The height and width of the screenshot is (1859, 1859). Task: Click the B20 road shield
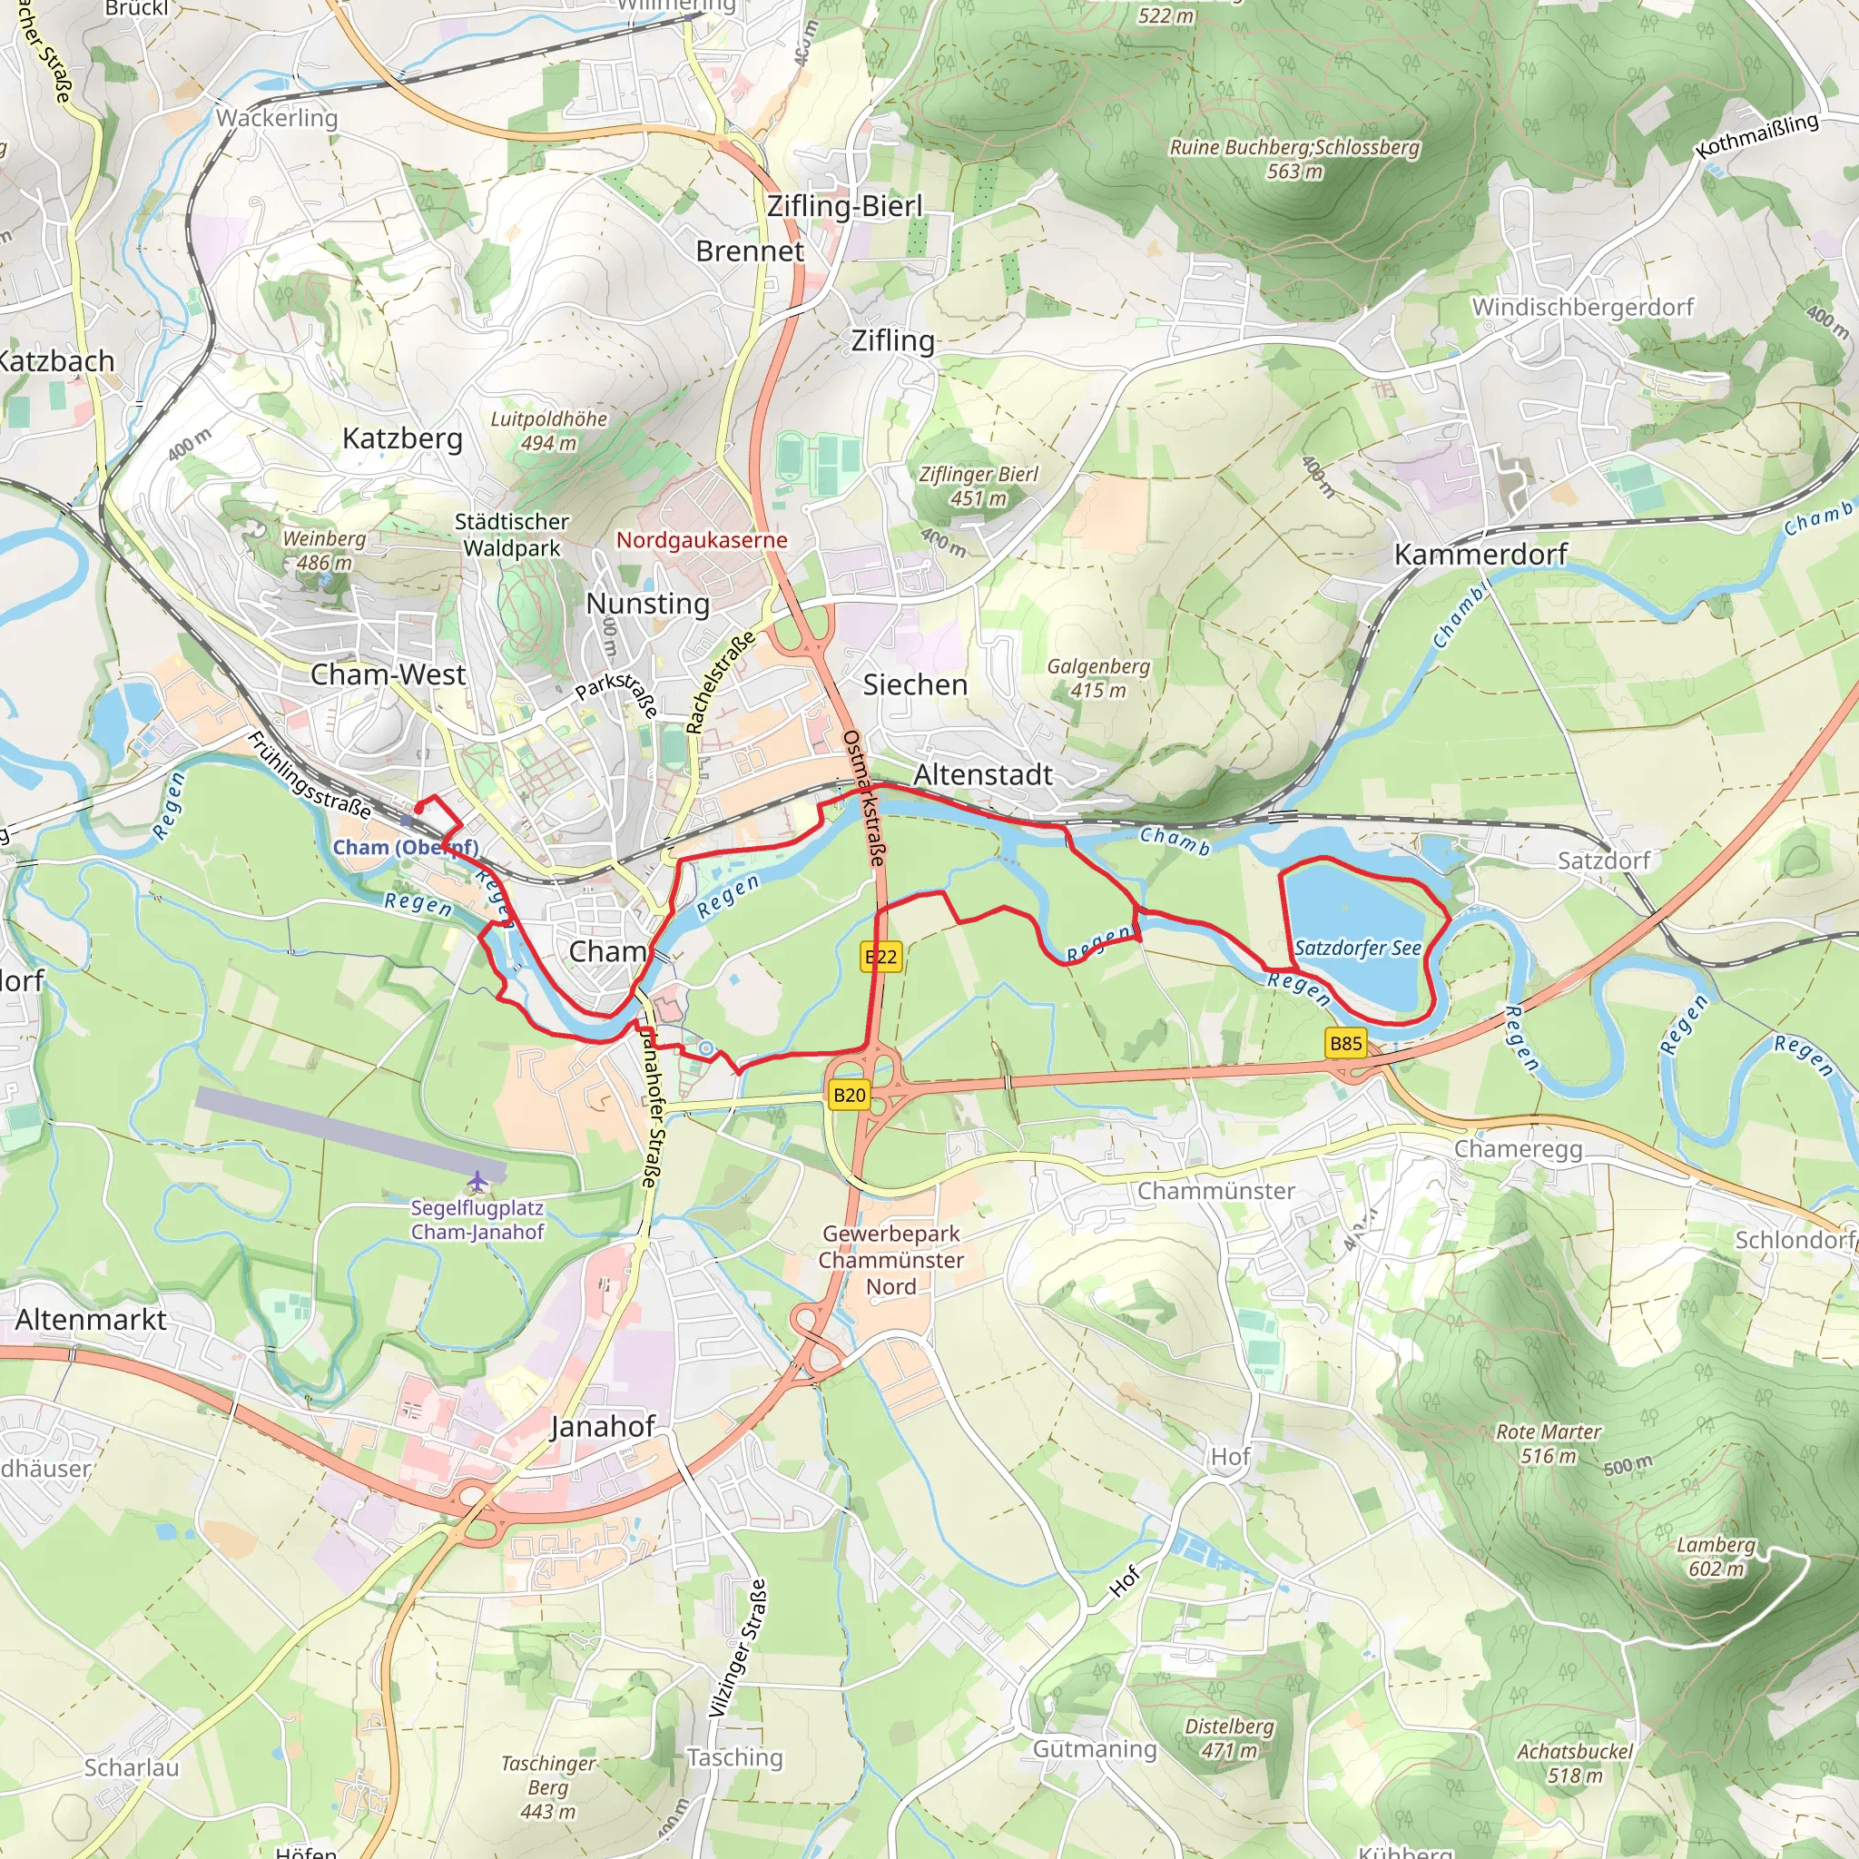849,1094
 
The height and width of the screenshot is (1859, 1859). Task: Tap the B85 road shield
1345,1043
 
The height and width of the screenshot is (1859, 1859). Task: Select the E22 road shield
880,957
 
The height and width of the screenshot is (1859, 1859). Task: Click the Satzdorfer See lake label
1357,948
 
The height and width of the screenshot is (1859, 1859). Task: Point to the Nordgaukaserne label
702,540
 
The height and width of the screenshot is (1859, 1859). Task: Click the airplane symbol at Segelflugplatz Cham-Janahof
477,1181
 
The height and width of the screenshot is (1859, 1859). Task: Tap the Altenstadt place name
982,774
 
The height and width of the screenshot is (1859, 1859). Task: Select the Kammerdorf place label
1480,555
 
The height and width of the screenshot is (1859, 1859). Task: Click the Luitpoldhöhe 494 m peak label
548,430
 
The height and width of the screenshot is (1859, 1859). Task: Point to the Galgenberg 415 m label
1098,677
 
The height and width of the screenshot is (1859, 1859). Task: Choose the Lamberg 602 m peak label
1716,1556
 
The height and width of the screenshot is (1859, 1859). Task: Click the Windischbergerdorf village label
1582,307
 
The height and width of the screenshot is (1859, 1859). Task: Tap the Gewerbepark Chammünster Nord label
891,1260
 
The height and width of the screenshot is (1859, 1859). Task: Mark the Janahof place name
603,1426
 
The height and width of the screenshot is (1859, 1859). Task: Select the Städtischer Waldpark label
512,534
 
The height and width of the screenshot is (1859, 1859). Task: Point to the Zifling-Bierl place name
844,206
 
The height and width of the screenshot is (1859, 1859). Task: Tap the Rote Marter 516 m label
1549,1443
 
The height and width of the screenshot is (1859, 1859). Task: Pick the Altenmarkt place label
91,1319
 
